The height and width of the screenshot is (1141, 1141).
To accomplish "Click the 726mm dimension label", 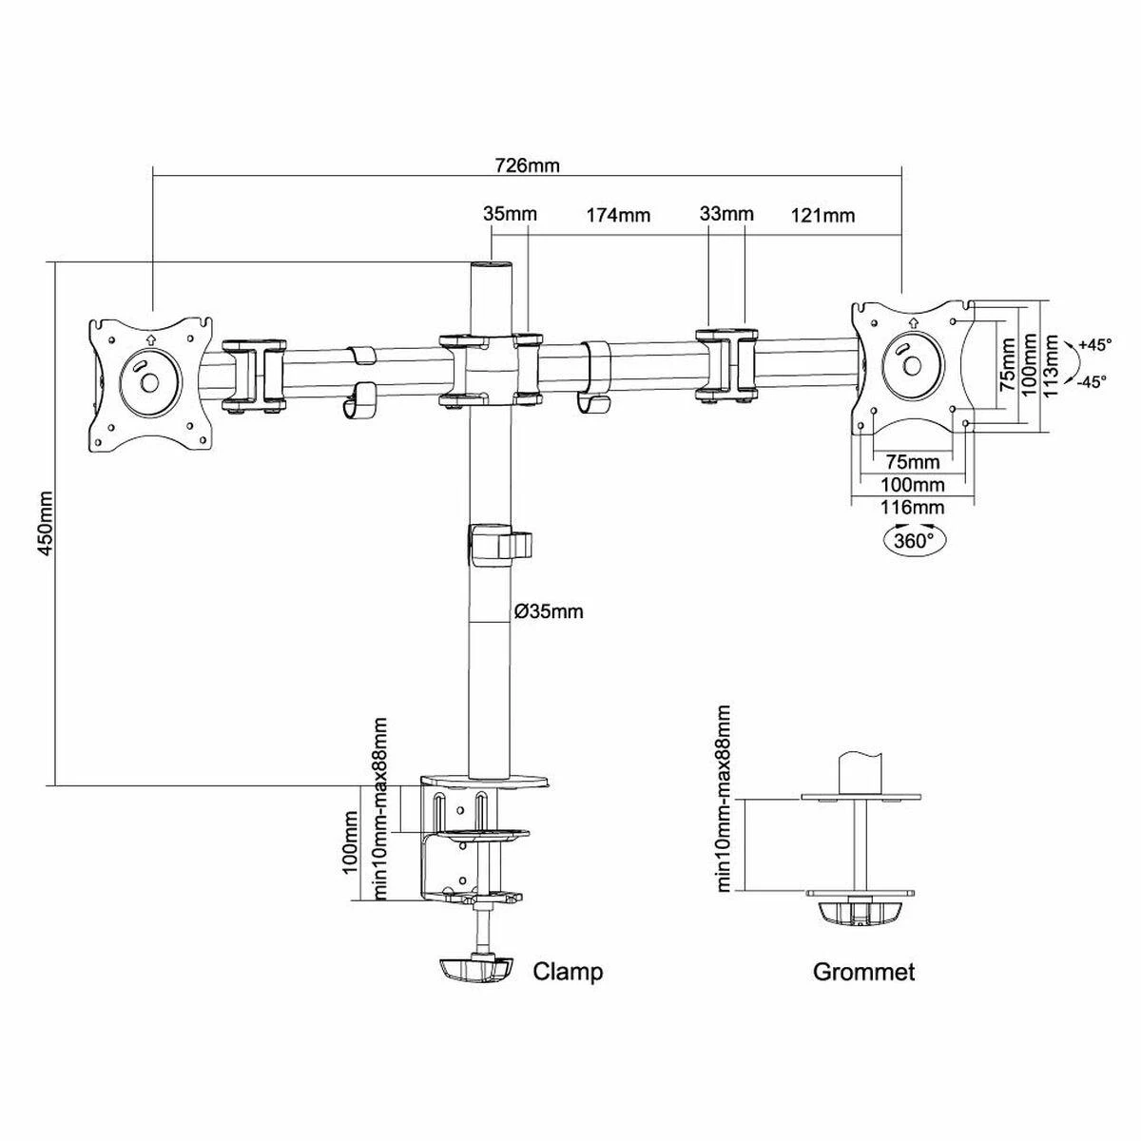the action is coord(527,165).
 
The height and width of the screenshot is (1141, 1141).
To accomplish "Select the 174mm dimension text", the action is coord(618,215).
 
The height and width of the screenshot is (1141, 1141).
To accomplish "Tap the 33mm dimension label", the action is coord(726,213).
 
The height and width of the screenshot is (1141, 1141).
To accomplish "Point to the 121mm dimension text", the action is coord(823,216).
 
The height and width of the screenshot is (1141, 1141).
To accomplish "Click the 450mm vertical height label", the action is coord(46,523).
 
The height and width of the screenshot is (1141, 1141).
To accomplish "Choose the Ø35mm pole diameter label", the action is coord(549,611).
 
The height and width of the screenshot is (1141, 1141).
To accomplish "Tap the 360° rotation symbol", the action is coord(913,539).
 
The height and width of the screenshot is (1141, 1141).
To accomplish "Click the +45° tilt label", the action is coord(1094,344).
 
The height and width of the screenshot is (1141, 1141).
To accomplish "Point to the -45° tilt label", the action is coord(1092,382).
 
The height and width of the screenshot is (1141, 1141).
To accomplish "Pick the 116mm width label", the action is coord(913,507).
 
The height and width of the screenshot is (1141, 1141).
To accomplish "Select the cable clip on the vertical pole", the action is coord(500,540).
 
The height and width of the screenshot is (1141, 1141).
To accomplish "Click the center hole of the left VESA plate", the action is coord(149,382).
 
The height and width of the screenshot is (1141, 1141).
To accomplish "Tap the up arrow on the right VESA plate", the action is coord(913,322).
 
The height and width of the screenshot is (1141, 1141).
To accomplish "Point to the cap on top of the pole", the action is coord(491,264).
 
